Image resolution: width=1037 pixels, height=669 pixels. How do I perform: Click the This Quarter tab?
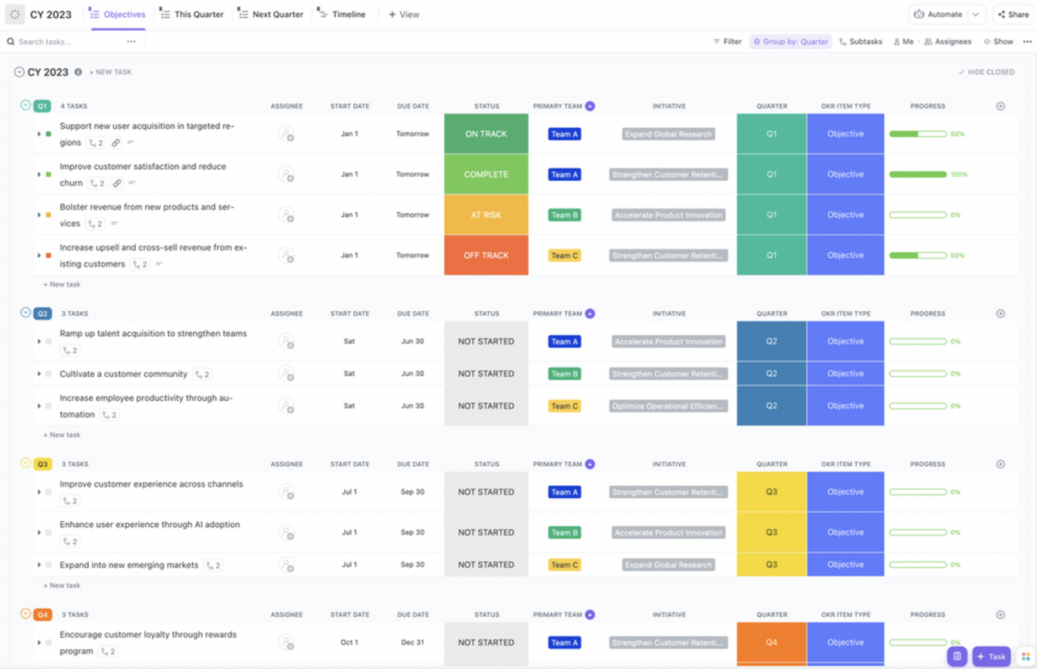pyautogui.click(x=192, y=14)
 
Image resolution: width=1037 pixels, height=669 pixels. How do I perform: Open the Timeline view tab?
pyautogui.click(x=342, y=14)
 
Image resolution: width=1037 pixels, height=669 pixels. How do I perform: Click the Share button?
pyautogui.click(x=1013, y=14)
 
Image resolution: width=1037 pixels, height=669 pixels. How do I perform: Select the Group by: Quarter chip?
pyautogui.click(x=791, y=42)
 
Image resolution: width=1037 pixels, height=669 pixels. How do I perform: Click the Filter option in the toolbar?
pyautogui.click(x=728, y=42)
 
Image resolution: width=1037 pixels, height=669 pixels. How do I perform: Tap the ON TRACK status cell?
pyautogui.click(x=485, y=134)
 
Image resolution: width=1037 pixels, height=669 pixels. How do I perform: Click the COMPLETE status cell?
pyautogui.click(x=485, y=174)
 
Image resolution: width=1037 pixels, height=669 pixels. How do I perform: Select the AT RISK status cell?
pyautogui.click(x=485, y=215)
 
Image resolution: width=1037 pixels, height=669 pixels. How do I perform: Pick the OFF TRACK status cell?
pyautogui.click(x=485, y=255)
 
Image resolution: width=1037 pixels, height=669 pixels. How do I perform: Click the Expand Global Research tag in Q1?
pyautogui.click(x=668, y=134)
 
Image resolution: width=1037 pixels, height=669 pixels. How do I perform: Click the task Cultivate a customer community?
pyautogui.click(x=123, y=374)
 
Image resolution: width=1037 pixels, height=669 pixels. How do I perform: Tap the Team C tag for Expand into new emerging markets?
pyautogui.click(x=564, y=565)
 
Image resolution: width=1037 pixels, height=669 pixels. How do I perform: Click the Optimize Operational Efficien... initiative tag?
pyautogui.click(x=668, y=406)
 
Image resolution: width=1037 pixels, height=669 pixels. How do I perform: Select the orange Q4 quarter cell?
pyautogui.click(x=771, y=643)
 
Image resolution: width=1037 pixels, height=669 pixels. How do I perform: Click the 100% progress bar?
pyautogui.click(x=918, y=174)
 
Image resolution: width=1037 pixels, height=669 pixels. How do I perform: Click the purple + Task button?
pyautogui.click(x=991, y=656)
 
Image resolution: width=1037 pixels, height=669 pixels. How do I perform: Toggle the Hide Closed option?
pyautogui.click(x=986, y=72)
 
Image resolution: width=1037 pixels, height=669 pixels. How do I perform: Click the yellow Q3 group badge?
pyautogui.click(x=43, y=464)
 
